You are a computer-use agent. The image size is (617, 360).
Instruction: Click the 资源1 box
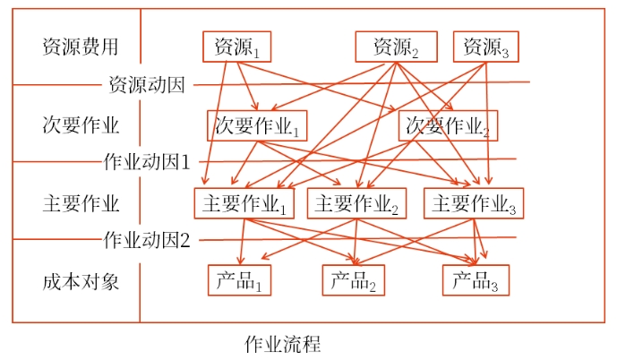pos(236,47)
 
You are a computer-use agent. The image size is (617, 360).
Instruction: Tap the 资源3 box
pos(486,47)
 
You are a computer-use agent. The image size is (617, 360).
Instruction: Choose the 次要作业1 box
pos(256,125)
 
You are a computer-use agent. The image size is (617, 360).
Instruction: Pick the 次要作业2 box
pos(448,125)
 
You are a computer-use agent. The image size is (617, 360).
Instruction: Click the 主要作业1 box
pos(244,203)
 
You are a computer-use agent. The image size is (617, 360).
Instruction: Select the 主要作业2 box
pos(356,203)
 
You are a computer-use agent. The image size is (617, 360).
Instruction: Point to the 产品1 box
pos(239,280)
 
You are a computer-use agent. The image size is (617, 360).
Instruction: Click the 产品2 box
pos(354,280)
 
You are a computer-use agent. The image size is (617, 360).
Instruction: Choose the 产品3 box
pos(475,280)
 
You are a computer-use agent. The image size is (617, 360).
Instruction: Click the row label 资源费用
pos(80,46)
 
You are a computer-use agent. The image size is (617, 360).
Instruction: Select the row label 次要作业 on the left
pos(80,124)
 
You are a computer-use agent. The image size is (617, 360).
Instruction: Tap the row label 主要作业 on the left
pos(80,202)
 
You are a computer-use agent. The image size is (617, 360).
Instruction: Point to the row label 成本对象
pos(80,280)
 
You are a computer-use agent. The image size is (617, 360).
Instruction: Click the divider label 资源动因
pos(146,86)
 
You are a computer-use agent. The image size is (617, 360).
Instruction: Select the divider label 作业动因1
pos(147,162)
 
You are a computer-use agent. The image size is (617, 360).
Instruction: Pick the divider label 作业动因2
pos(147,239)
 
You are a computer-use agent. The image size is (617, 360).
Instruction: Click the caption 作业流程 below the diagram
pos(282,344)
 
